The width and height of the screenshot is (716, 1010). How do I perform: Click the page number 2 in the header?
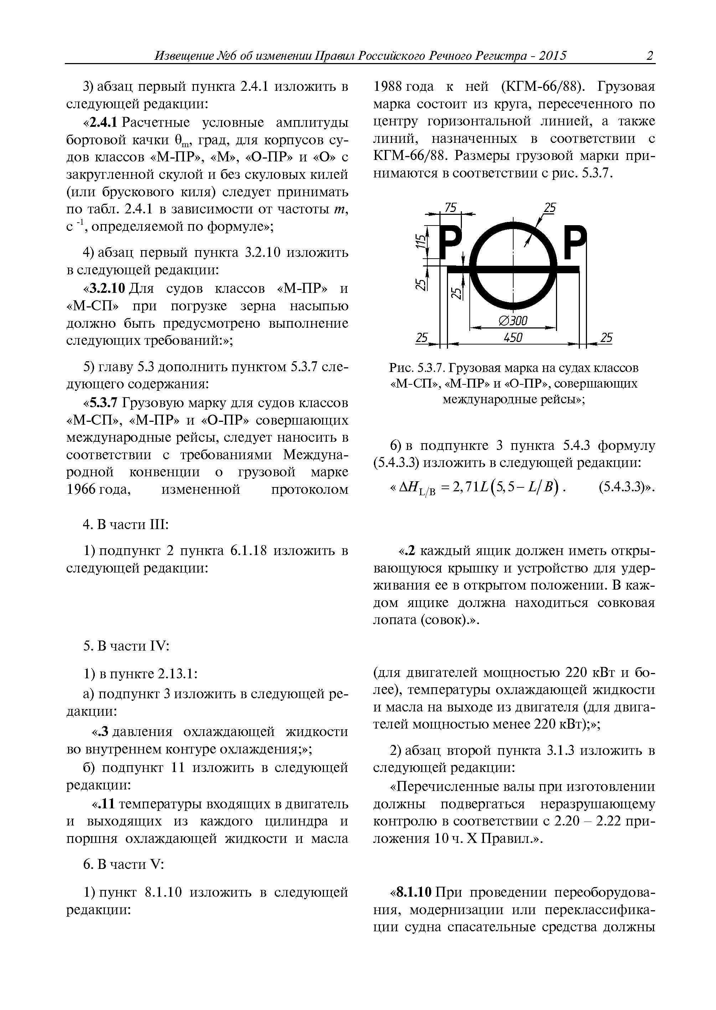pos(649,56)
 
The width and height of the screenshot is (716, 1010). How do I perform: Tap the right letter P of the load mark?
pos(576,243)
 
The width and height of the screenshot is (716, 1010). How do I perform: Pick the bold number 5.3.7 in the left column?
pos(104,403)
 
